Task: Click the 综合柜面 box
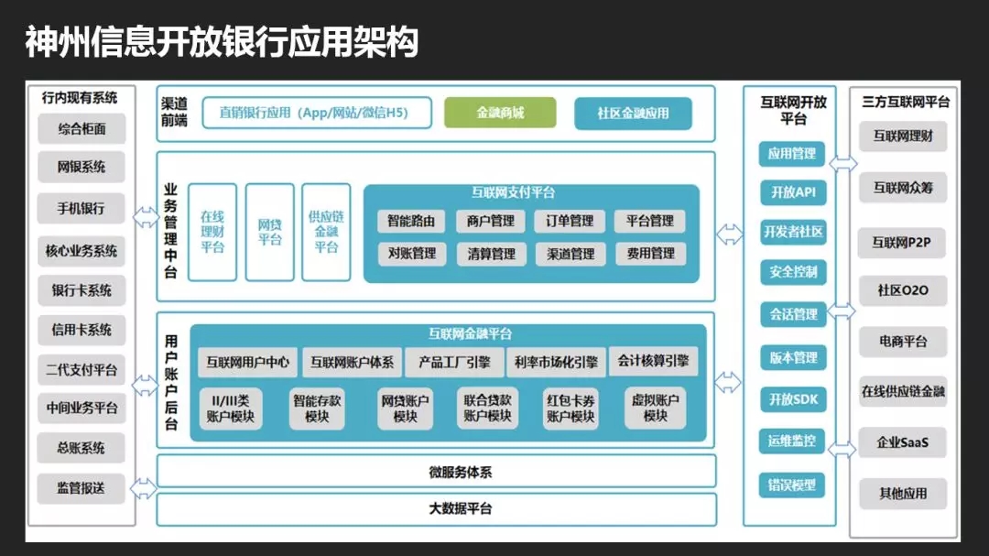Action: [82, 129]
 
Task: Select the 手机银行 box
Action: [82, 209]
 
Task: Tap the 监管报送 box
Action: [82, 488]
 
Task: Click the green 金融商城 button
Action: [500, 113]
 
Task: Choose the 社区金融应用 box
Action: [633, 114]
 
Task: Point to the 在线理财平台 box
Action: [212, 232]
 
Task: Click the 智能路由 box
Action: [412, 221]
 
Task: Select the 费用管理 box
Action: [651, 254]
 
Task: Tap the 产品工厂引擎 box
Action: [454, 362]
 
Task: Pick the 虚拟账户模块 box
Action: [656, 408]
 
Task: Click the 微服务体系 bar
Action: [436, 473]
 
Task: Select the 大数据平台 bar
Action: [436, 508]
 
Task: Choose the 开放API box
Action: [792, 192]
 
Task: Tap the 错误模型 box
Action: [792, 485]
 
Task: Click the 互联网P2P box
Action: [902, 243]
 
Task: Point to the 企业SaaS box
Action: [902, 442]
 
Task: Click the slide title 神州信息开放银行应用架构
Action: [222, 42]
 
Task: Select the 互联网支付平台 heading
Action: [513, 192]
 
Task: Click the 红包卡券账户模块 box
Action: [571, 408]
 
